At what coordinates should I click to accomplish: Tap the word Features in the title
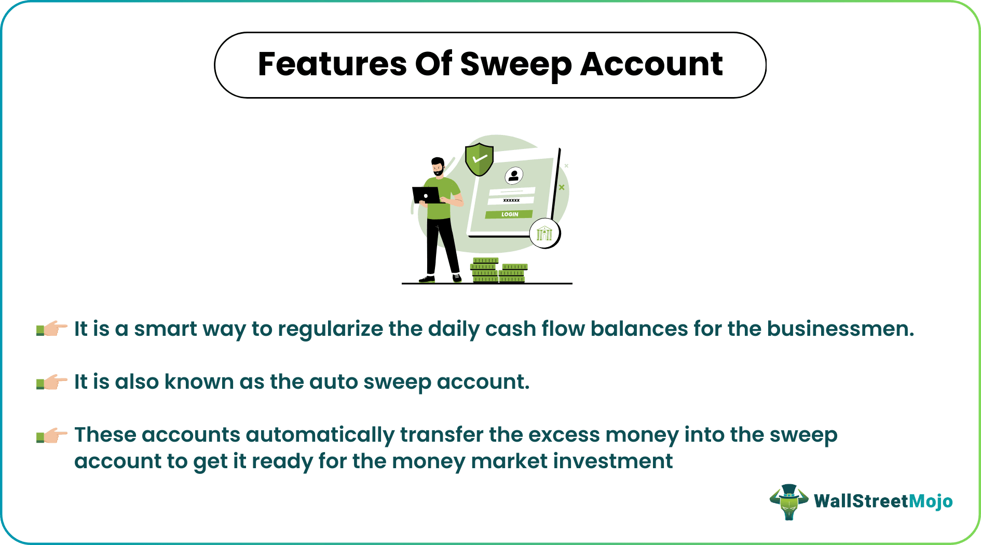coord(332,64)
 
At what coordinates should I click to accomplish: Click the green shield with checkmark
coord(479,159)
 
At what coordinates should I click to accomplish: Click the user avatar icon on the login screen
coord(514,175)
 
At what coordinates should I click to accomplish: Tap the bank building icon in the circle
coord(544,234)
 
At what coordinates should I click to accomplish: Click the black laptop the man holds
coord(426,195)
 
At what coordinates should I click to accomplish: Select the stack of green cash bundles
coord(498,270)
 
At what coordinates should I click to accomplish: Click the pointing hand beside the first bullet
coord(52,329)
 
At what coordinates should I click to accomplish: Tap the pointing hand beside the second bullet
coord(52,382)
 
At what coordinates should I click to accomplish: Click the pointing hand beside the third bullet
coord(52,435)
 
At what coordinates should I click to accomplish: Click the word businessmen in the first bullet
coord(840,329)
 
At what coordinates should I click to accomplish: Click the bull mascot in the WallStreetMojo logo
coord(788,501)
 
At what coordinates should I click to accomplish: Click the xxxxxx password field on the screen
coord(511,200)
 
